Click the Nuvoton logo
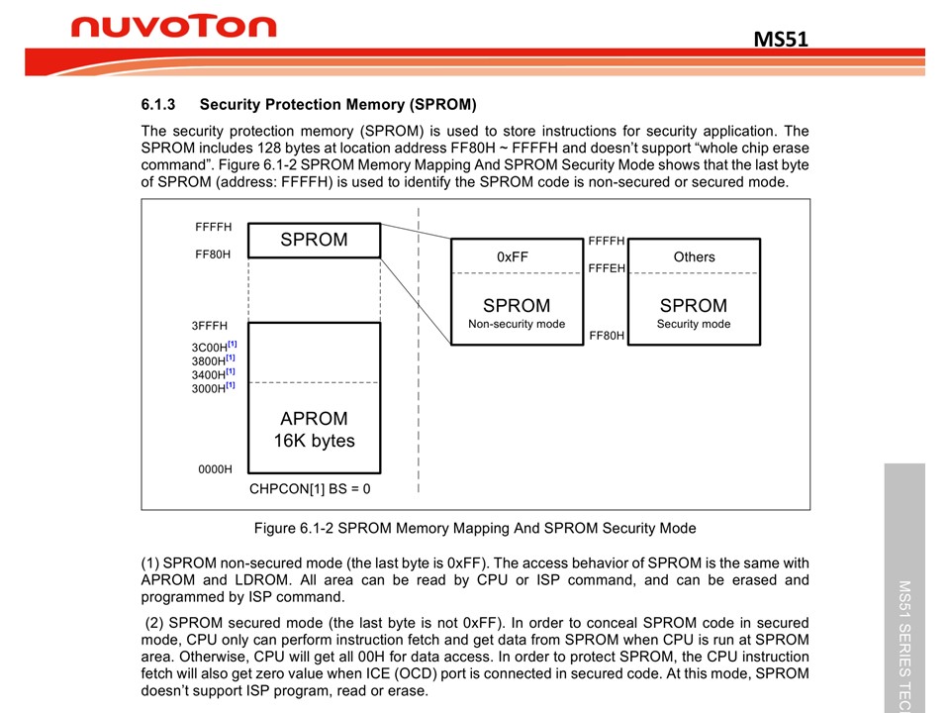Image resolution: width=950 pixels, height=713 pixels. coord(173,27)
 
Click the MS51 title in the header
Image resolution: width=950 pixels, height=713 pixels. coord(781,39)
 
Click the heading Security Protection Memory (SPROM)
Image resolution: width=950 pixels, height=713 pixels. coord(337,104)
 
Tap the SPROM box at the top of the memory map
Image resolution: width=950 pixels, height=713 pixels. coord(314,240)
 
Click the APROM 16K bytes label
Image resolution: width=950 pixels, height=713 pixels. coord(314,430)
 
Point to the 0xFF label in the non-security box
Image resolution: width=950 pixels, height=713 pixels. coord(513,256)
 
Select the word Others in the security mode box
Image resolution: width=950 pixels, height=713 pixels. coord(694,256)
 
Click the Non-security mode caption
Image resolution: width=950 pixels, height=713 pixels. coord(517,324)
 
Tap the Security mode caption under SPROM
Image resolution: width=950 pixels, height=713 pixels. coord(693,324)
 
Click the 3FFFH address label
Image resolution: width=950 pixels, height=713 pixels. coord(210,326)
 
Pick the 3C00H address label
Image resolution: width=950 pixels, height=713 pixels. coord(209,348)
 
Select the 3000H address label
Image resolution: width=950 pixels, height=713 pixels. coord(209,389)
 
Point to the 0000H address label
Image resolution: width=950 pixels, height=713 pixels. coord(214,469)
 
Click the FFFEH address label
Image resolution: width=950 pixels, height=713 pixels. coord(607,268)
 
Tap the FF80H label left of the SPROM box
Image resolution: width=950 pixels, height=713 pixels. coord(213,255)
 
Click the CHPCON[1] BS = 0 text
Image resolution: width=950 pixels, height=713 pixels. coord(310,488)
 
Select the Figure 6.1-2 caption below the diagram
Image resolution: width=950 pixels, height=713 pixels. coord(475,528)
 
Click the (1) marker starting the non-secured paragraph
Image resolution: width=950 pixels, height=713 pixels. coord(152,563)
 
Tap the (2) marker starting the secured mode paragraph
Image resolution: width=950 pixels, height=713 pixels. coord(156,623)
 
